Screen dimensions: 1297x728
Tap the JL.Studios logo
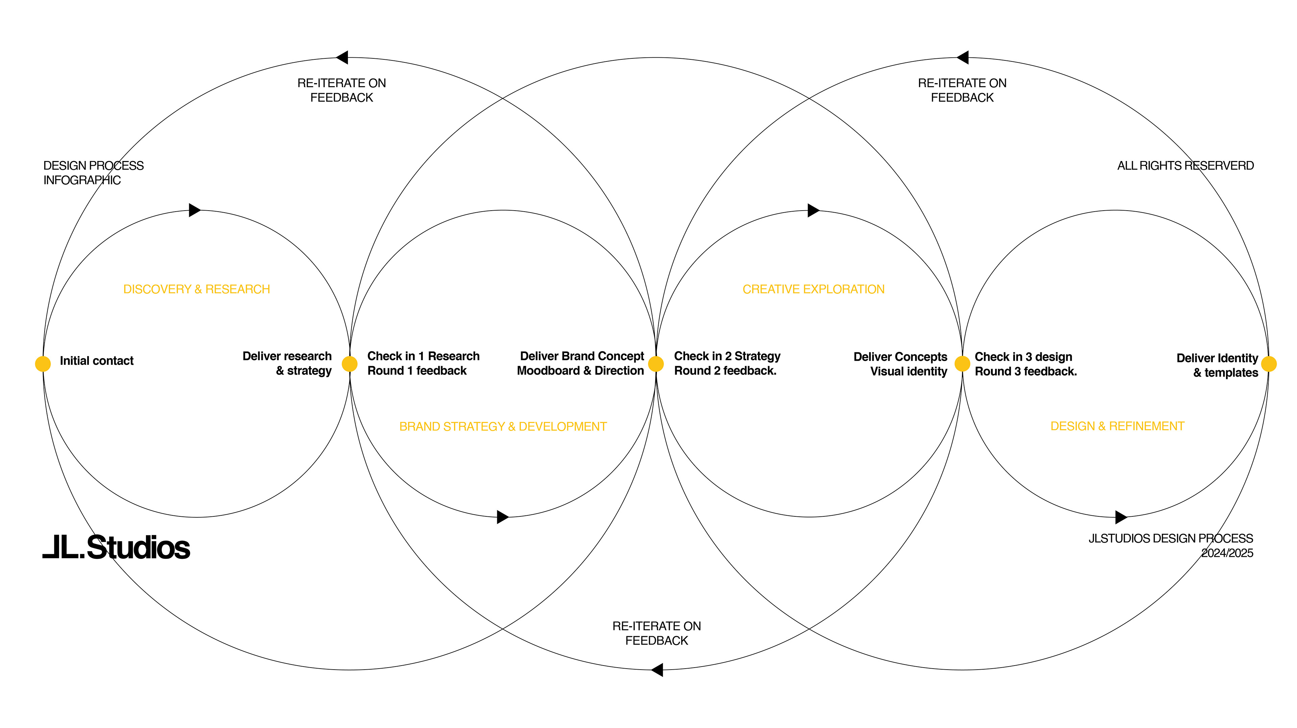click(x=116, y=547)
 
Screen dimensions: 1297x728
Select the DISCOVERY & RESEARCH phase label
click(x=196, y=289)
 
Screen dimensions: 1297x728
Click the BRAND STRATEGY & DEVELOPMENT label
click(x=503, y=427)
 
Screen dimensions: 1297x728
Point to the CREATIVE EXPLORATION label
click(x=813, y=289)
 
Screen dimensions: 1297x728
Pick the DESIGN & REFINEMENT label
click(x=1117, y=426)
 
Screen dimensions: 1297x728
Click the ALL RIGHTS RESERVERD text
click(x=1185, y=165)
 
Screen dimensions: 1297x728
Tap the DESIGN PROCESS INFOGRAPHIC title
click(x=93, y=172)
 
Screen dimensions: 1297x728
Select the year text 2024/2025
click(x=1227, y=553)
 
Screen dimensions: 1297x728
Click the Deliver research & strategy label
click(x=287, y=363)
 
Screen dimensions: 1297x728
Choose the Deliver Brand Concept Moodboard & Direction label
click(x=581, y=363)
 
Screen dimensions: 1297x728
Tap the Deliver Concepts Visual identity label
click(x=900, y=364)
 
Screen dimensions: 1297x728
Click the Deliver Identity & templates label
click(x=1217, y=365)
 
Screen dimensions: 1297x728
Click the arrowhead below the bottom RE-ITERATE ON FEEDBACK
click(x=657, y=670)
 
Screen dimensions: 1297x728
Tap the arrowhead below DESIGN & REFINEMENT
click(x=1121, y=517)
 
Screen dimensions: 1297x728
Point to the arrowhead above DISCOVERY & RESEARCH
click(x=194, y=210)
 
